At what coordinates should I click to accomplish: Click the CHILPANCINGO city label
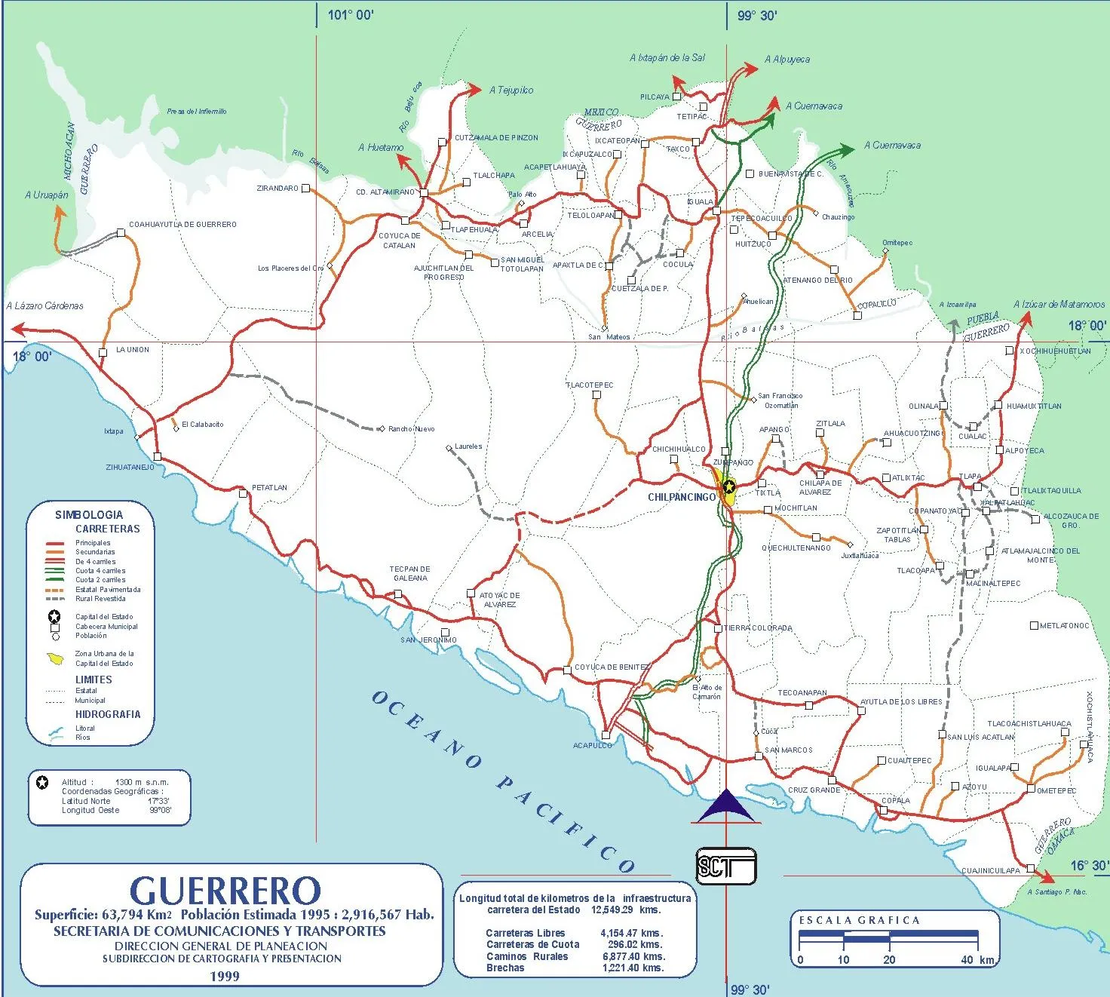click(681, 498)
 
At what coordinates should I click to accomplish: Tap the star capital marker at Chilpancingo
click(728, 486)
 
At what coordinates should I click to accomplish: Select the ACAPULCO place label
click(593, 745)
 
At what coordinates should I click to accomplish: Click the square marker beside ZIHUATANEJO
click(157, 456)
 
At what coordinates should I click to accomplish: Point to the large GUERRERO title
click(225, 891)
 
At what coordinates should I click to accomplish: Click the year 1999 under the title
click(225, 976)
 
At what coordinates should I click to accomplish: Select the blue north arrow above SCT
click(725, 807)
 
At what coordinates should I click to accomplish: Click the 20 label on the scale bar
click(889, 960)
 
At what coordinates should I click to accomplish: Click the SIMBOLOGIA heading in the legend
click(89, 515)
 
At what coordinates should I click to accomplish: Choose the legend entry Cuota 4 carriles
click(100, 571)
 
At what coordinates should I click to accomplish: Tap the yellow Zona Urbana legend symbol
click(56, 659)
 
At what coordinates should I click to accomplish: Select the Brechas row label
click(505, 968)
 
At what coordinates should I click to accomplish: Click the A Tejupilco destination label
click(511, 90)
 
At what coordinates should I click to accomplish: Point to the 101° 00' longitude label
click(350, 15)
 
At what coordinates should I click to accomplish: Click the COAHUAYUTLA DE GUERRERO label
click(182, 225)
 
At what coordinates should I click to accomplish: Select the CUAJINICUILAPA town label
click(990, 870)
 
